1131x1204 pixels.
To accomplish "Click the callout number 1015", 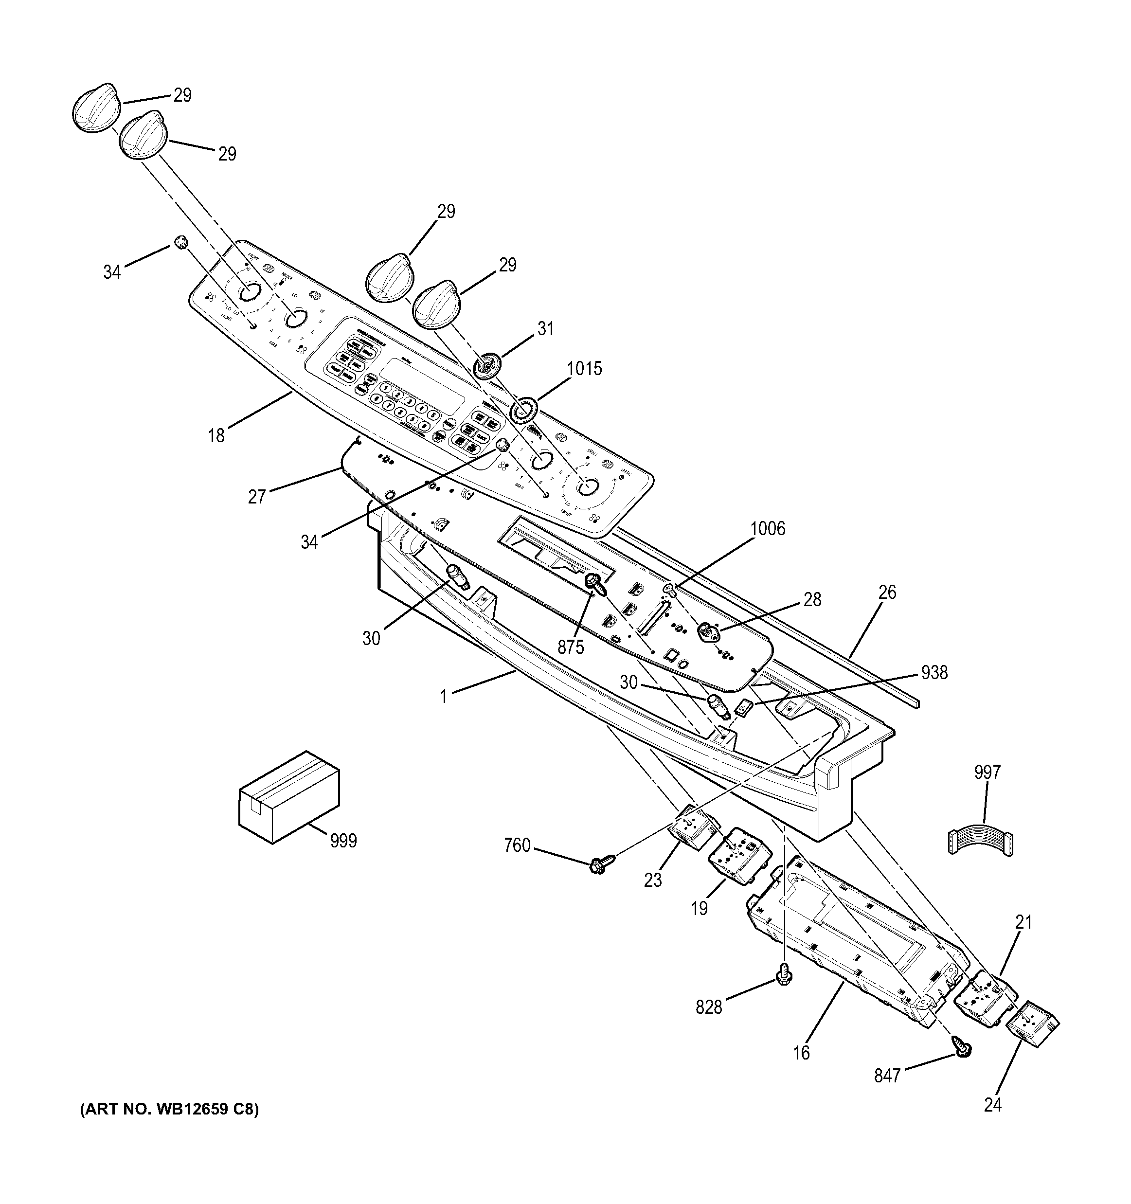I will [584, 369].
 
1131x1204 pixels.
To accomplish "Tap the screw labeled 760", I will [601, 865].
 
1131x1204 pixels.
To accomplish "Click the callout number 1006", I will [767, 529].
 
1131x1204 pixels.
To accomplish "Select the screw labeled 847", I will [962, 1046].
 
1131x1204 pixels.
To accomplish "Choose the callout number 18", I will [216, 435].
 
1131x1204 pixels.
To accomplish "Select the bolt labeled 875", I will [594, 583].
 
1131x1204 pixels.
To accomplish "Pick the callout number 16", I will [801, 1053].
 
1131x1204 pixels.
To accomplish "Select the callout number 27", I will [257, 497].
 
